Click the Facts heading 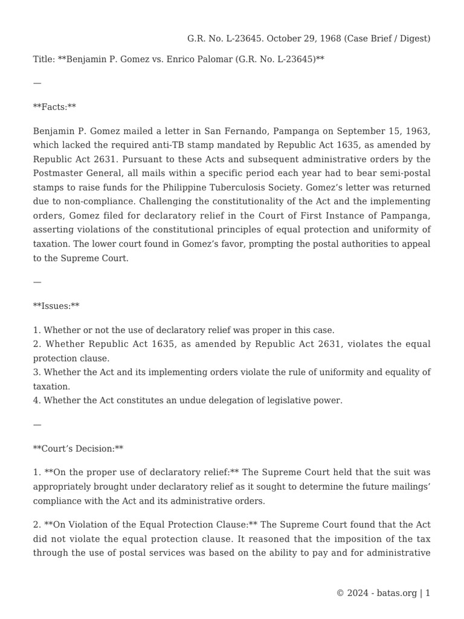click(x=54, y=108)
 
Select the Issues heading click(x=56, y=306)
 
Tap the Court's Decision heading click(x=78, y=449)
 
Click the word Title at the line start click(x=43, y=60)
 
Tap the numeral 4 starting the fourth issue click(x=36, y=401)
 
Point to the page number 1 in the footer click(x=428, y=594)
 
